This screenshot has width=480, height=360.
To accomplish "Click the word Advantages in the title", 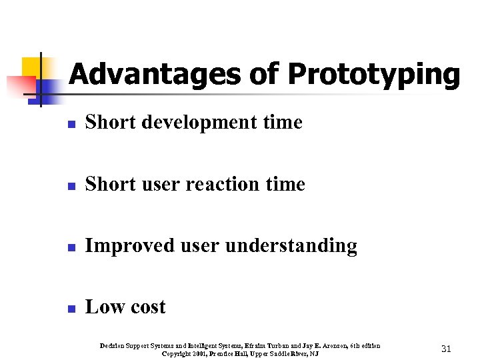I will [155, 74].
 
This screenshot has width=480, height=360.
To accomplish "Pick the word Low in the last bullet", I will [102, 307].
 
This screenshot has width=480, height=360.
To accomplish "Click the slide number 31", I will [447, 349].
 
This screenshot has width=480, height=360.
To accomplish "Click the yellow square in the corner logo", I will [31, 66].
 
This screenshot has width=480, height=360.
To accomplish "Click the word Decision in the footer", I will [113, 345].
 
